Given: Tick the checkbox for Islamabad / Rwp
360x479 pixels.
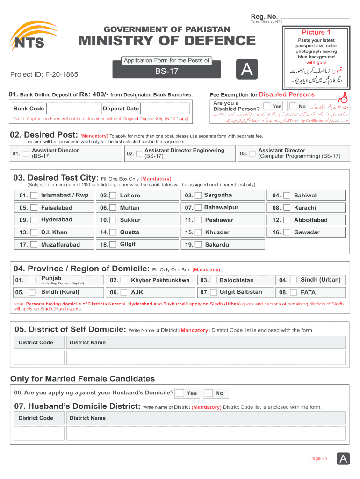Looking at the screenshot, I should coord(34,196).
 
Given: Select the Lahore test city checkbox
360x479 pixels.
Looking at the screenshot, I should coord(113,196).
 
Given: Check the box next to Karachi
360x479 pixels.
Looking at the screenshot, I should coord(287,208).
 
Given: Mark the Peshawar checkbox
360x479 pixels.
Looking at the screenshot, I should coord(198,220).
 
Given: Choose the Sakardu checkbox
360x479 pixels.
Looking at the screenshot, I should coord(198,245).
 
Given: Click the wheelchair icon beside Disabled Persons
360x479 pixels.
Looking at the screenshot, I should coord(344,97).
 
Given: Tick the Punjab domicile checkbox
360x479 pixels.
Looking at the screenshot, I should coord(32,280).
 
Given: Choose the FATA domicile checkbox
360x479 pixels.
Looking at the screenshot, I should coord(294,292).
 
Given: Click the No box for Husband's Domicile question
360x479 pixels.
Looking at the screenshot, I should coord(209,393).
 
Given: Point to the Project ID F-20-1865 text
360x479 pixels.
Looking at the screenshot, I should coord(44,74).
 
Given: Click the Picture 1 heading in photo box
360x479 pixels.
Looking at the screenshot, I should coord(316,32).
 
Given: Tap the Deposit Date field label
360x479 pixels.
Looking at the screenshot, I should coord(121,109).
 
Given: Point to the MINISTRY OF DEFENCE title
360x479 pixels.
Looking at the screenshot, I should coord(167,41).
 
